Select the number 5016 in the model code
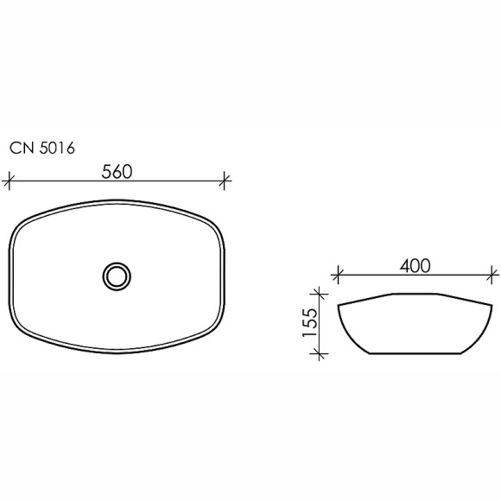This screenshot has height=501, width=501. point(57,148)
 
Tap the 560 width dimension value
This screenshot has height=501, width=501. point(117,171)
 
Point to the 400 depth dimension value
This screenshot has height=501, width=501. point(415,266)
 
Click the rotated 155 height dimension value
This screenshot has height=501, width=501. point(312,321)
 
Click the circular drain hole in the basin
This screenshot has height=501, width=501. point(117,276)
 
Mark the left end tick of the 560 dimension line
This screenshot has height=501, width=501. point(9,181)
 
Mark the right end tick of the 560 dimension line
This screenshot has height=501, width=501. point(225,181)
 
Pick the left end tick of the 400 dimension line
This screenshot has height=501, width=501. point(338,276)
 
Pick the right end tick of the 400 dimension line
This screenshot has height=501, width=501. point(493,276)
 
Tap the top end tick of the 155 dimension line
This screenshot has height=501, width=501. point(321,294)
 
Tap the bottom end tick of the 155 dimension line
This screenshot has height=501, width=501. point(321,352)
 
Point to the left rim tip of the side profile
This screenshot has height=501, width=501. point(339,304)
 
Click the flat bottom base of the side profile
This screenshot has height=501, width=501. point(415,352)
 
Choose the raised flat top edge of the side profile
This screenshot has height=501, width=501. point(415,295)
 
